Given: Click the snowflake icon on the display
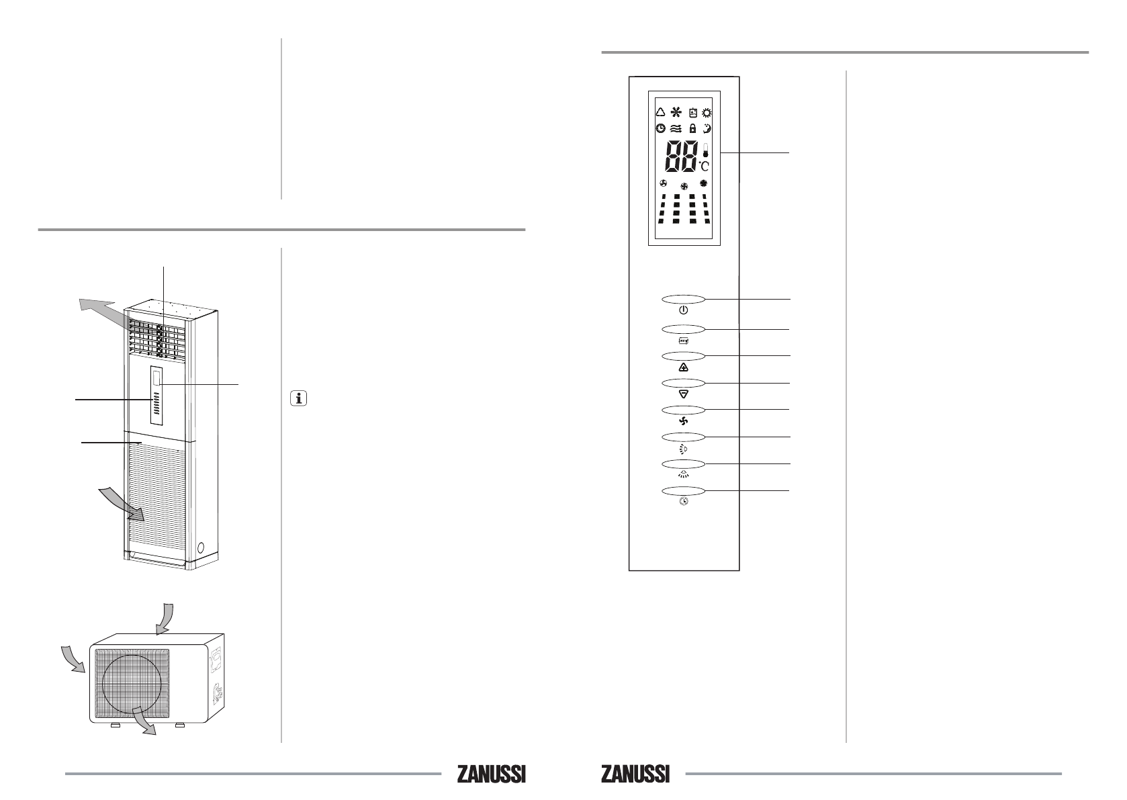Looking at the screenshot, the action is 676,112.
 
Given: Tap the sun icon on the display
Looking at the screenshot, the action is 707,113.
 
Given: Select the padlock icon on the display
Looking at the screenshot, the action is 693,128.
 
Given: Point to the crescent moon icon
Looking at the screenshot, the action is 707,128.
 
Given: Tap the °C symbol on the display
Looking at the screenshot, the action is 704,165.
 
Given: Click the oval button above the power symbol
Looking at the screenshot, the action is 683,300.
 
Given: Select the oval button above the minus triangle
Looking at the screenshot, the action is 683,384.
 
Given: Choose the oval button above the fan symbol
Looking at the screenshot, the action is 683,410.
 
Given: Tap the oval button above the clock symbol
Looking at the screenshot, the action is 683,491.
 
